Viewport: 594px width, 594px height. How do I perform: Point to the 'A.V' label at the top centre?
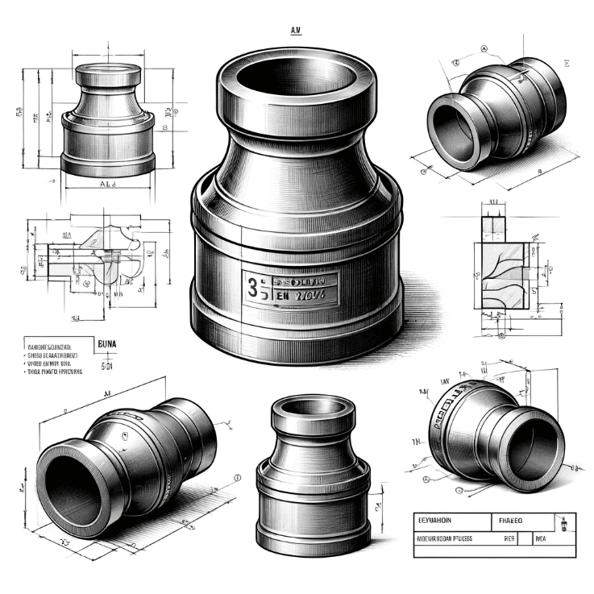click(x=295, y=31)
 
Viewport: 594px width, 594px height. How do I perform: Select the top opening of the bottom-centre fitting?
click(x=311, y=407)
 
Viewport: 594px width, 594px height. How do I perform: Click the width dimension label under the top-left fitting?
click(x=108, y=185)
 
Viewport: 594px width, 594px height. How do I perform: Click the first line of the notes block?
click(x=50, y=344)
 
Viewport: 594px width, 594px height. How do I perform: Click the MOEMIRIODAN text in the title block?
click(x=442, y=538)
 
